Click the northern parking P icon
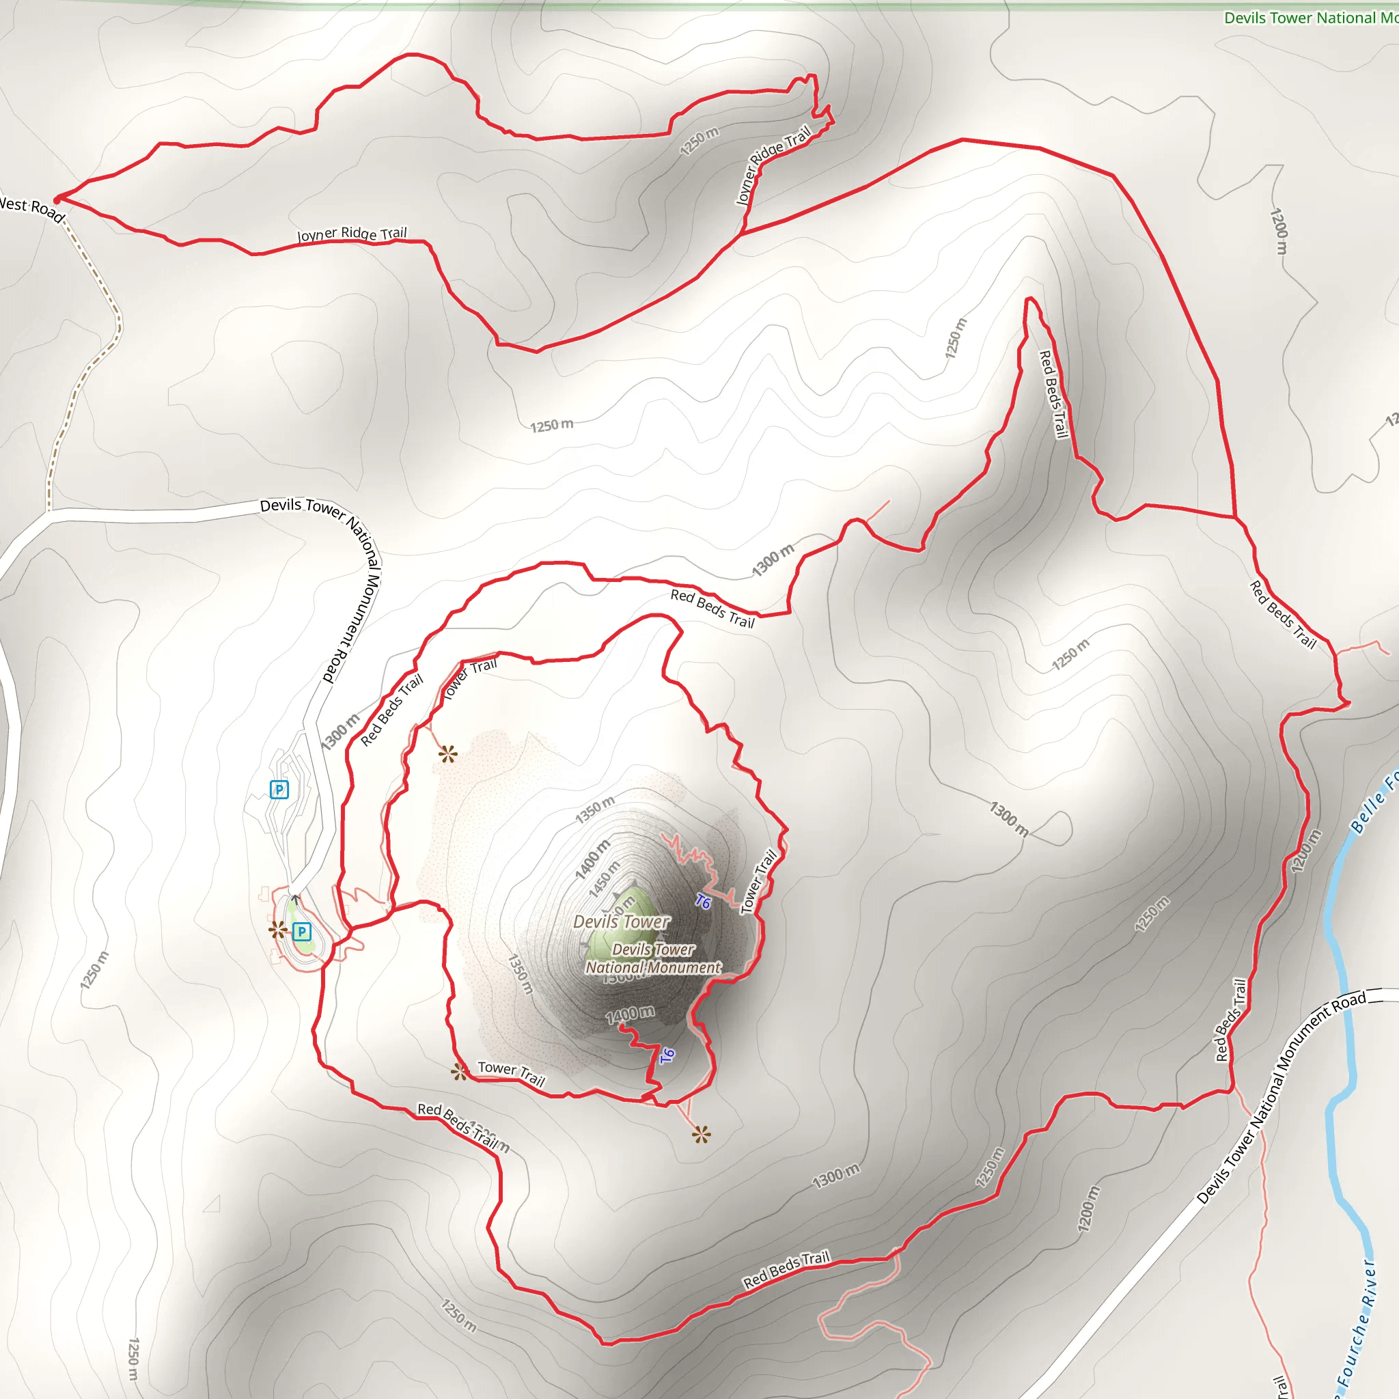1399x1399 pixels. pos(279,789)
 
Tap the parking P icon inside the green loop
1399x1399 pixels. pos(302,932)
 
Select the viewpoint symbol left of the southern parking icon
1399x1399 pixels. pos(277,930)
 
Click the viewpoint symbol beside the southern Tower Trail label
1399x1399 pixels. pos(459,1072)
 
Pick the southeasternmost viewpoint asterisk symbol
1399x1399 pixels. pos(701,1135)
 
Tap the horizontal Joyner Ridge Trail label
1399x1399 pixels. pos(352,233)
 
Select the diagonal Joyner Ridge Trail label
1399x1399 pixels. pos(773,166)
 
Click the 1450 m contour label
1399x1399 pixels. pos(605,879)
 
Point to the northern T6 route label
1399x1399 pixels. pos(703,902)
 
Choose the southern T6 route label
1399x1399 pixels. pos(667,1056)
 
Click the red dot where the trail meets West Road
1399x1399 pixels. pos(57,199)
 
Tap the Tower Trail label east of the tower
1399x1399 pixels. pos(758,881)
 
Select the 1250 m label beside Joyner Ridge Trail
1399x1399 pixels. pos(699,141)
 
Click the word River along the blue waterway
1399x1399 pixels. pos(1368,1283)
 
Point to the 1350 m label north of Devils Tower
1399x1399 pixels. pos(595,809)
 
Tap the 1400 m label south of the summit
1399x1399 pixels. pos(630,1014)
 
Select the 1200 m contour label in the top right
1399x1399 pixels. pos(1279,231)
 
